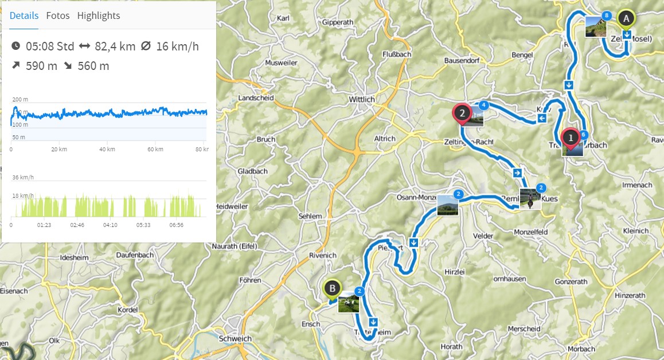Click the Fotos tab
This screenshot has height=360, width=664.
click(x=58, y=15)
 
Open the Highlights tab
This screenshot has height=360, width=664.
click(x=99, y=15)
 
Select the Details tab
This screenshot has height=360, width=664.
click(x=24, y=15)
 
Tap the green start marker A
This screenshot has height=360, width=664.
click(x=626, y=19)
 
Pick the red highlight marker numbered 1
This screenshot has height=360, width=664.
click(x=571, y=138)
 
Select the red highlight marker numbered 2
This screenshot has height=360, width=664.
click(x=462, y=112)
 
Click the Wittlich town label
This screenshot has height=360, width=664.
click(x=362, y=99)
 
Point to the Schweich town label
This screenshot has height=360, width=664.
click(x=235, y=338)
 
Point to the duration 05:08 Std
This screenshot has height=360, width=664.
click(x=50, y=46)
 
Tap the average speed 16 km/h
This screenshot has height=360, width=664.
click(x=177, y=46)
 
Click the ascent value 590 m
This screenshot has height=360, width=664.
click(x=41, y=66)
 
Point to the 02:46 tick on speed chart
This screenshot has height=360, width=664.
click(x=77, y=225)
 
